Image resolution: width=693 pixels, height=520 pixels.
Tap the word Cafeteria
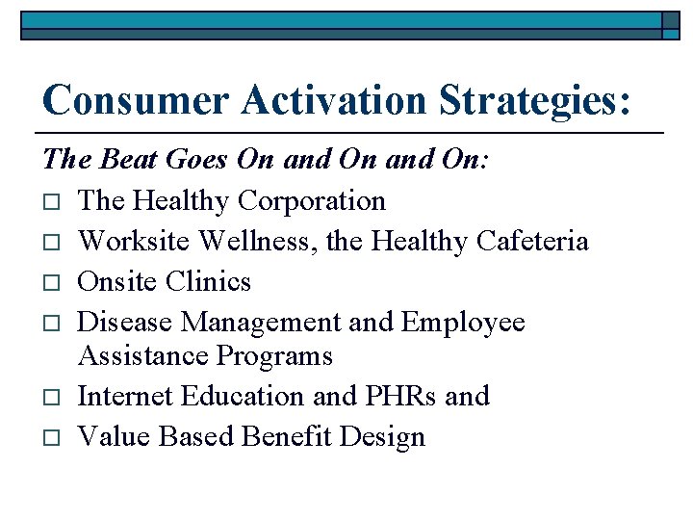[x=532, y=241]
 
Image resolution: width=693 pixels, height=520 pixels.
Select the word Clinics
[x=207, y=281]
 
